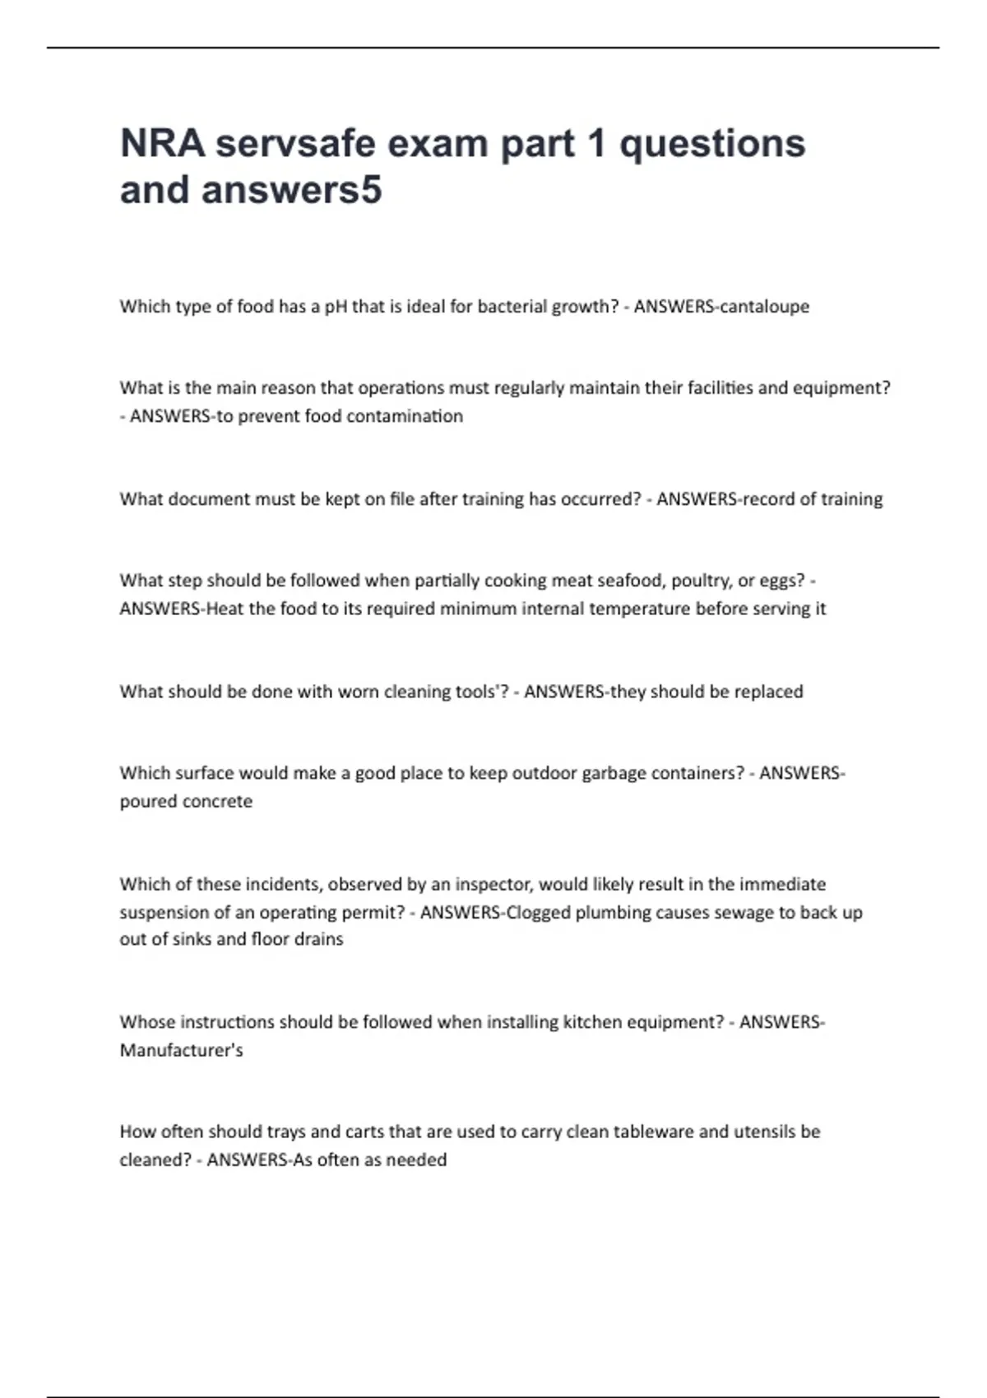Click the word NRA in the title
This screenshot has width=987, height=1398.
pyautogui.click(x=162, y=143)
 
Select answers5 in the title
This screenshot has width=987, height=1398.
pyautogui.click(x=292, y=190)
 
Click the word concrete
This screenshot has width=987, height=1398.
pyautogui.click(x=216, y=802)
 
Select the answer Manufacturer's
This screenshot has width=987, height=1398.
pyautogui.click(x=181, y=1051)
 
